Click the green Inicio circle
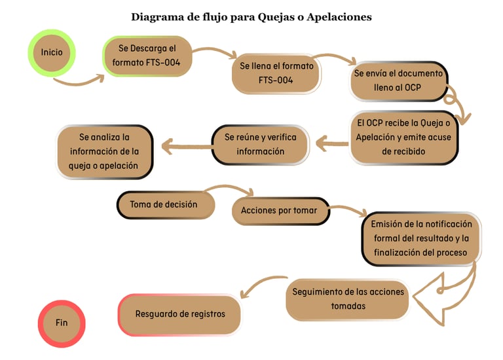52,53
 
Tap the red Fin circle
62,323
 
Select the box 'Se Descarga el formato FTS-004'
147,56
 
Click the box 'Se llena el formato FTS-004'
276,73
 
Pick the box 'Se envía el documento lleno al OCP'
398,81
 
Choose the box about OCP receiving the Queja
403,137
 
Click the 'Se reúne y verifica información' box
260,145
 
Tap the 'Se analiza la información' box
104,152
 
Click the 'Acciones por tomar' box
280,211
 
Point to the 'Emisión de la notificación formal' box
421,239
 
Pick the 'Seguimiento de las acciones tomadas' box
348,299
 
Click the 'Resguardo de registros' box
179,314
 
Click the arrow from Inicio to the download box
79,82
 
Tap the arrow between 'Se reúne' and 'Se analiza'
187,147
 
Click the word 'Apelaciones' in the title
339,17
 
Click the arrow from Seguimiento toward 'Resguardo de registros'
260,283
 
